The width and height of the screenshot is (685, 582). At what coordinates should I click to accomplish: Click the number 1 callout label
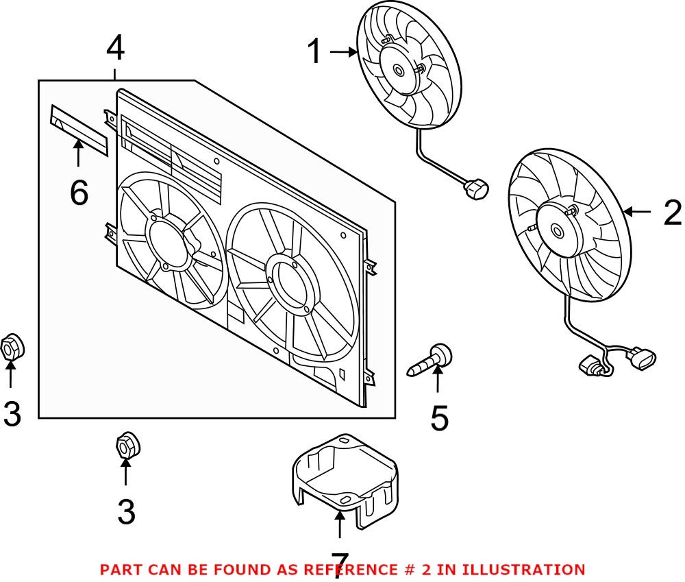pyautogui.click(x=314, y=52)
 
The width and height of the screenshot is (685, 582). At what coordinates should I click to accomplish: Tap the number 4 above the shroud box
pyautogui.click(x=115, y=48)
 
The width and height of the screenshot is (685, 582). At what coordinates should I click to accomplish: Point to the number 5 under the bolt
pyautogui.click(x=439, y=418)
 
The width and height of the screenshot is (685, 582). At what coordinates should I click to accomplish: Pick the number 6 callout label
pyautogui.click(x=79, y=193)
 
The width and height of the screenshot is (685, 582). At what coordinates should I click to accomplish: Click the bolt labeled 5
pyautogui.click(x=431, y=361)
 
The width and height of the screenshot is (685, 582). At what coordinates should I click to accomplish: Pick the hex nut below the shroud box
pyautogui.click(x=126, y=446)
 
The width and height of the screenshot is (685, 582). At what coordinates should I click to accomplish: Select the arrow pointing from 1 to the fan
pyautogui.click(x=343, y=51)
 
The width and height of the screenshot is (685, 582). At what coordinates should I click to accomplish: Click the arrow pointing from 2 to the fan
pyautogui.click(x=638, y=213)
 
